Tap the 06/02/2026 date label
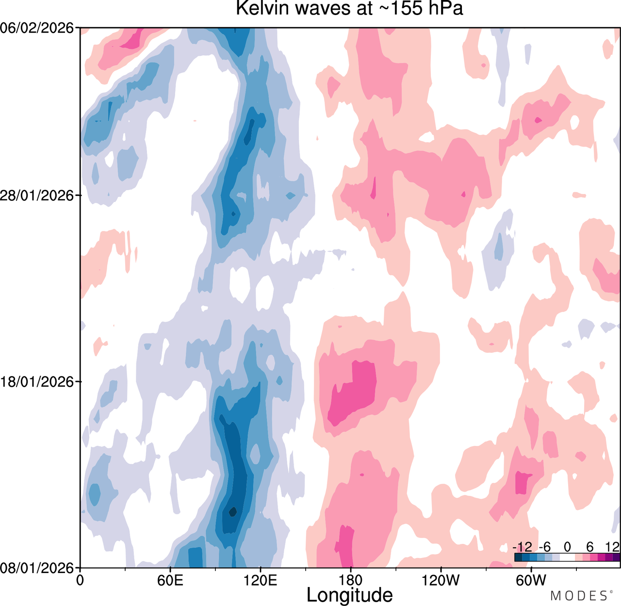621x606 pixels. [37, 28]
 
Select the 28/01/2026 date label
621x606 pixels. [37, 195]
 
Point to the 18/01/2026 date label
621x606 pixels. [37, 382]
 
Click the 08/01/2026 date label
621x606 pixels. [37, 568]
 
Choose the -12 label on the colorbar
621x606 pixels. [523, 547]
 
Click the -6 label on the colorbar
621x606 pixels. [545, 547]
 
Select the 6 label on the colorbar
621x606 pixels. [590, 547]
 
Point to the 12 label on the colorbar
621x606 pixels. [612, 547]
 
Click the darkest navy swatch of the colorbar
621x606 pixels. [518, 557]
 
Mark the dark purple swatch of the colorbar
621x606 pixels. [616, 557]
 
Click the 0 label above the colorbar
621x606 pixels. [567, 547]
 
